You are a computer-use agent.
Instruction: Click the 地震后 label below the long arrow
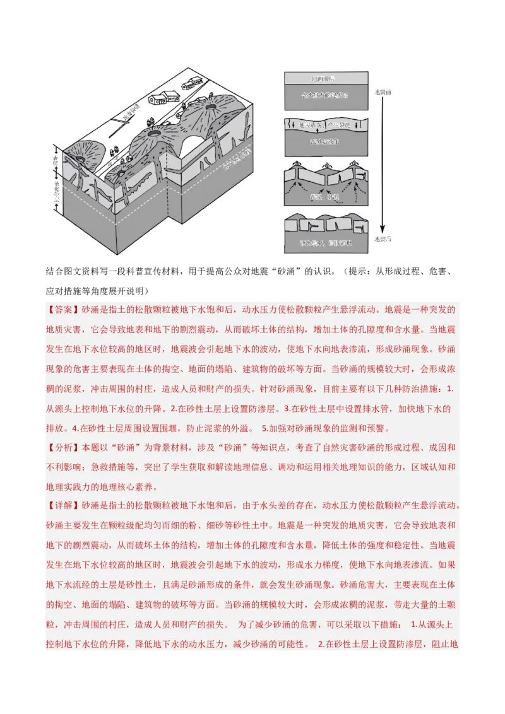383,239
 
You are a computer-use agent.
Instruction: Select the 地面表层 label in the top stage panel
323,78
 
